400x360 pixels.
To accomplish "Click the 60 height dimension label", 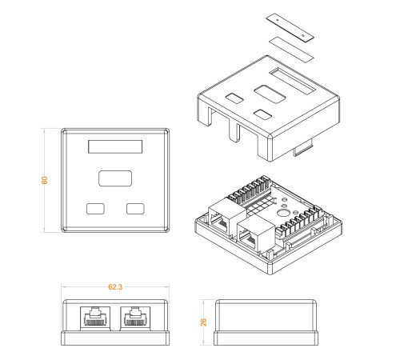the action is point(45,180).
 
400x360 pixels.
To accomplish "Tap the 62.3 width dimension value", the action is point(115,287).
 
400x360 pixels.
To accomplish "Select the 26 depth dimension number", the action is point(203,322).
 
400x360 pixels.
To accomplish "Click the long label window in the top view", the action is point(115,146).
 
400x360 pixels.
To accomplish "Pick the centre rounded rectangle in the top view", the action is point(115,178).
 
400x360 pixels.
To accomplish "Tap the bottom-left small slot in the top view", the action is point(95,209).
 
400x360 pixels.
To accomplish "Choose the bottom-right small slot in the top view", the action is point(135,209).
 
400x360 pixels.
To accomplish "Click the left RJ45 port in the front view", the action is point(95,318).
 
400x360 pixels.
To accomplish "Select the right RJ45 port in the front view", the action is point(135,318).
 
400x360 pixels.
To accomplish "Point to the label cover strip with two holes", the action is point(290,27).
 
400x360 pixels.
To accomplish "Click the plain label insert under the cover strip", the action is point(291,50).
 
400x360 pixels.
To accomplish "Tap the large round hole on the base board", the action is point(282,213).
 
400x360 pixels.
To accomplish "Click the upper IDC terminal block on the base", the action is point(250,190).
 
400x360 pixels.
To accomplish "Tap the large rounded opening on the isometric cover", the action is point(270,94).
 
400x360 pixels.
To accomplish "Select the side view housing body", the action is point(266,322).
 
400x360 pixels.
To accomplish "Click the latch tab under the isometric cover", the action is point(303,149).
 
